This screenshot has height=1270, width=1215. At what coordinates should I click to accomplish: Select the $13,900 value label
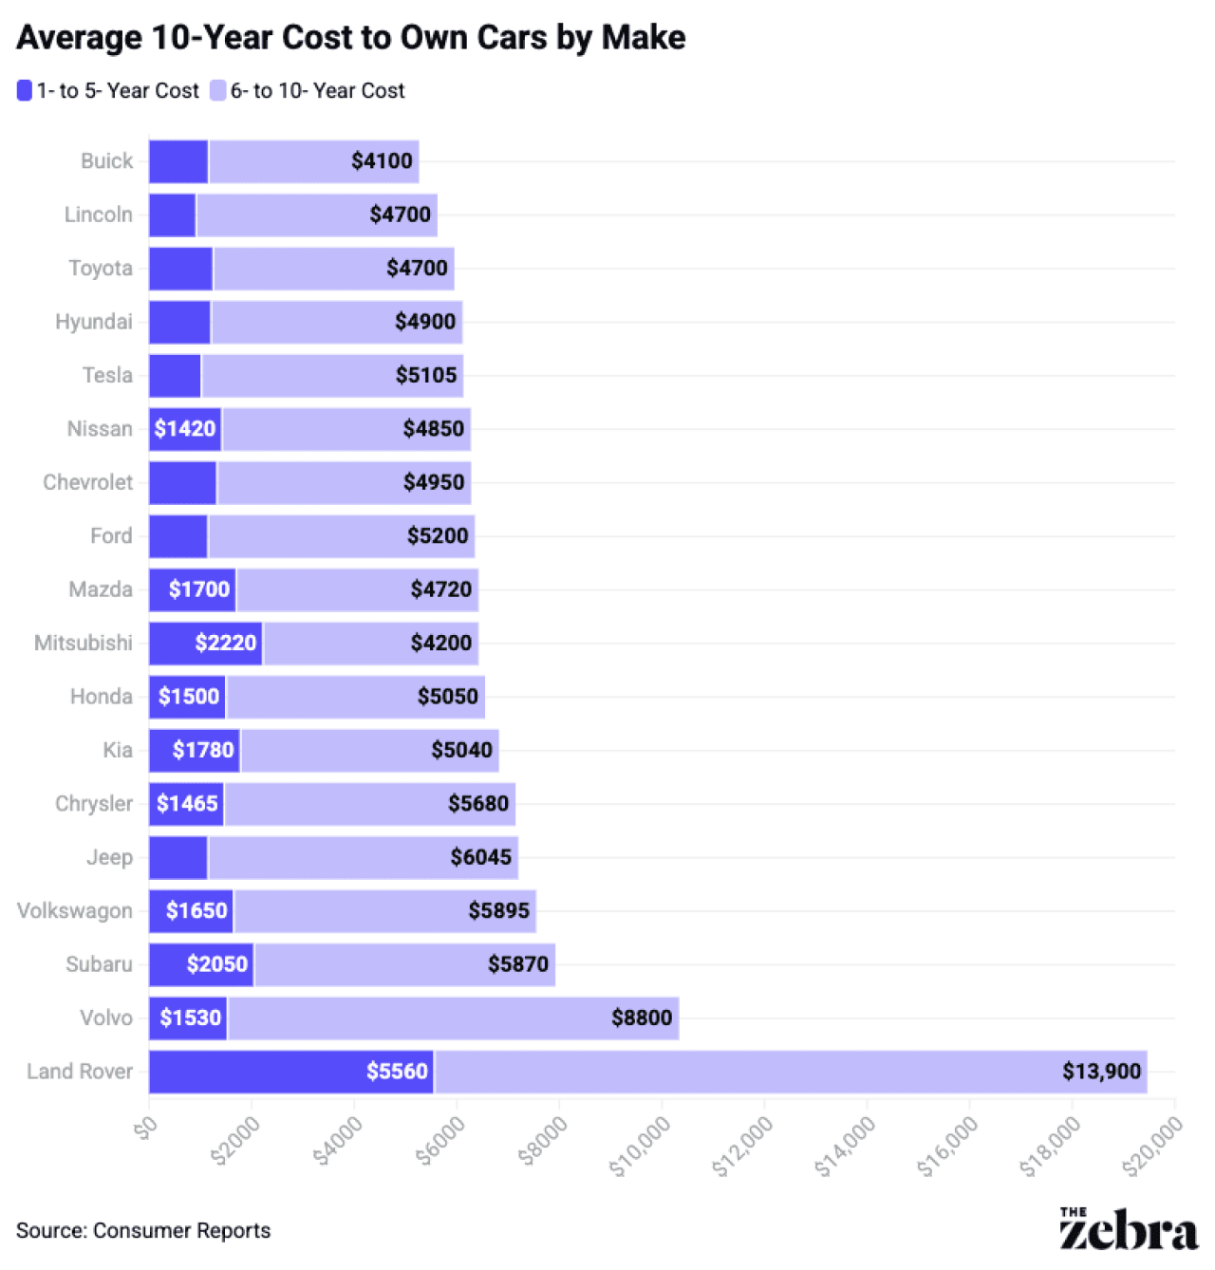1101,1072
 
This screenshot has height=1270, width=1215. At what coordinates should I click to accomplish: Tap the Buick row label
106,161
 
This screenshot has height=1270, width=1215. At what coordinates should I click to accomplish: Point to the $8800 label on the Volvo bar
642,1018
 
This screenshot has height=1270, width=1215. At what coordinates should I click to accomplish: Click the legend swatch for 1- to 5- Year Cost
25,91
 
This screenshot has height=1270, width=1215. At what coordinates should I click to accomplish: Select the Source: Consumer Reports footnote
143,1231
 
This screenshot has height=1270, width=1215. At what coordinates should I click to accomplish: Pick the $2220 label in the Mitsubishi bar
226,644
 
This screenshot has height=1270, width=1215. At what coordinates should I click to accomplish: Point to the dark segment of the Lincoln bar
172,215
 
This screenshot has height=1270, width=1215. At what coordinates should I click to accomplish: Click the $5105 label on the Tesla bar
426,376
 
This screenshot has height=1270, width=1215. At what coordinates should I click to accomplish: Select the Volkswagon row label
75,911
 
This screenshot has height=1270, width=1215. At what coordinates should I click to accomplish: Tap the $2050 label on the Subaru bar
217,964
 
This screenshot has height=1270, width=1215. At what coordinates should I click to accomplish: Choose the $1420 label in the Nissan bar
185,429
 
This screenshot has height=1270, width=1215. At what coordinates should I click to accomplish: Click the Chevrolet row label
87,483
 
